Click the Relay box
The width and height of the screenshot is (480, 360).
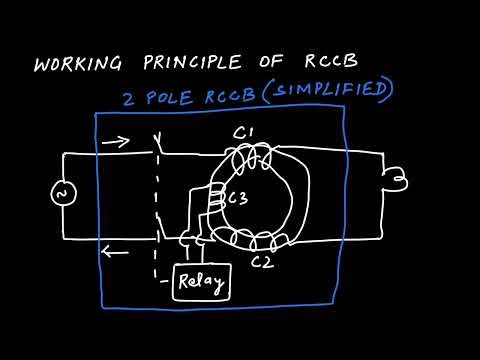201,283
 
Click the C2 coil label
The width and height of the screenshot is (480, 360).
262,263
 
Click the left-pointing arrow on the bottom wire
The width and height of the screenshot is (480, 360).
116,252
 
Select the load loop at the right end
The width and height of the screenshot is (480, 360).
398,179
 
